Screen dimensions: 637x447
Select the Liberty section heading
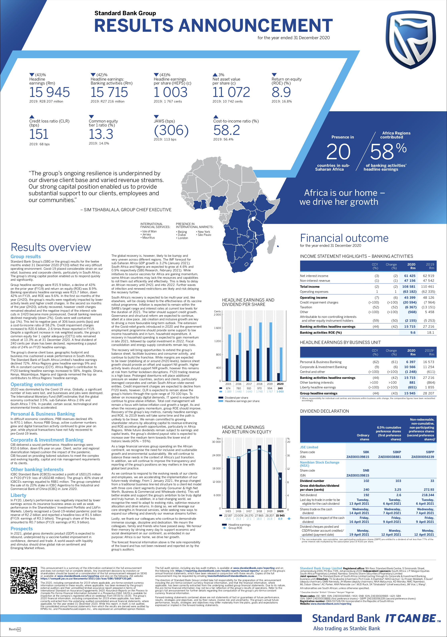[x=18, y=495]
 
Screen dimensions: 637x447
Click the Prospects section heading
[x=22, y=529]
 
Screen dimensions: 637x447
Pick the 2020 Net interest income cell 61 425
[x=410, y=276]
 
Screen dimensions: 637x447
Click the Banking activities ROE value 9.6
[x=413, y=332]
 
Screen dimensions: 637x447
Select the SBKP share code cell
[x=396, y=452]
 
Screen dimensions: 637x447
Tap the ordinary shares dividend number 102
[x=366, y=481]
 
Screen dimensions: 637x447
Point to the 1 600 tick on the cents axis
[x=217, y=328]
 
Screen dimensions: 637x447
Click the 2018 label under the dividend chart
[x=259, y=384]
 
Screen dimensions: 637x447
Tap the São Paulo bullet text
[x=204, y=235]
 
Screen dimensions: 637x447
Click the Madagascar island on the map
[x=272, y=244]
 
